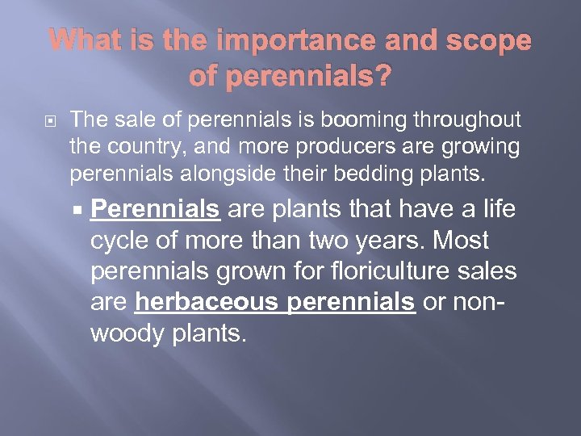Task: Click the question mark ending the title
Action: [x=384, y=77]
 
